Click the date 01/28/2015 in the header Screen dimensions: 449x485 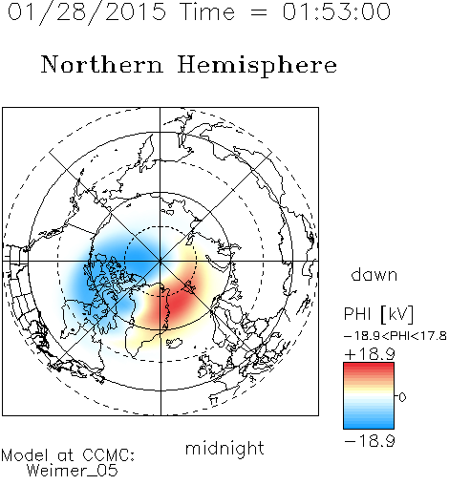(x=87, y=12)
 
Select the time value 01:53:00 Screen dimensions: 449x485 (x=336, y=11)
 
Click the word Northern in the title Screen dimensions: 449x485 (x=101, y=64)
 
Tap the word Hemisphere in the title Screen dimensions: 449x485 (x=257, y=66)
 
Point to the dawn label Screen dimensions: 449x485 (x=374, y=274)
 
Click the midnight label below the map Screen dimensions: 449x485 (x=224, y=449)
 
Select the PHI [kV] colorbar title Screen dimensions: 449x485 (x=378, y=314)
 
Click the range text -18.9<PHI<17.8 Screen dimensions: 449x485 (x=396, y=336)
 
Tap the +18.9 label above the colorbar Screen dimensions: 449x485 (x=370, y=354)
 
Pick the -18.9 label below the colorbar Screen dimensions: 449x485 (x=370, y=441)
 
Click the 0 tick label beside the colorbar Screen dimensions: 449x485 (x=402, y=397)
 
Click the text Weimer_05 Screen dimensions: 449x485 (x=73, y=471)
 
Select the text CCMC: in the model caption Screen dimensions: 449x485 (x=109, y=455)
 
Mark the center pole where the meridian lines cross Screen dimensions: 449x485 (x=160, y=261)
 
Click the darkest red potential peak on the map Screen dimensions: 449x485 (x=179, y=302)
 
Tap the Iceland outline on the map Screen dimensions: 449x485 (x=174, y=343)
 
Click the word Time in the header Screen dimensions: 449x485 (x=207, y=11)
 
